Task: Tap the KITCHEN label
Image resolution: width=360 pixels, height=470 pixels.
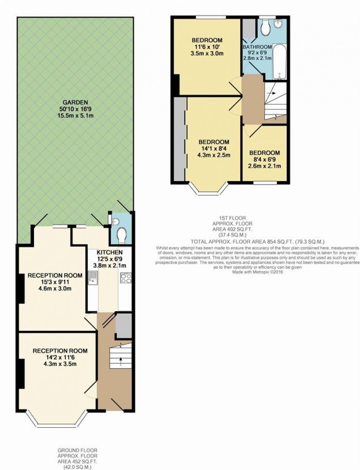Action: click(107, 252)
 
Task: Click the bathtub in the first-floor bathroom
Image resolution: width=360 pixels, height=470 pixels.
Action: click(278, 62)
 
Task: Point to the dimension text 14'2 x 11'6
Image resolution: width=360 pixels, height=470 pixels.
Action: click(60, 357)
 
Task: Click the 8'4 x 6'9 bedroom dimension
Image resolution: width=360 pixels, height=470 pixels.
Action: click(264, 160)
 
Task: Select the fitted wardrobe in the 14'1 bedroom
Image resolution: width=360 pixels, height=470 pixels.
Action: click(179, 139)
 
